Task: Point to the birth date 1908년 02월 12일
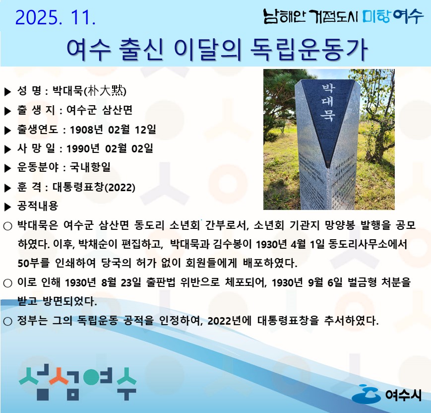(113, 130)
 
